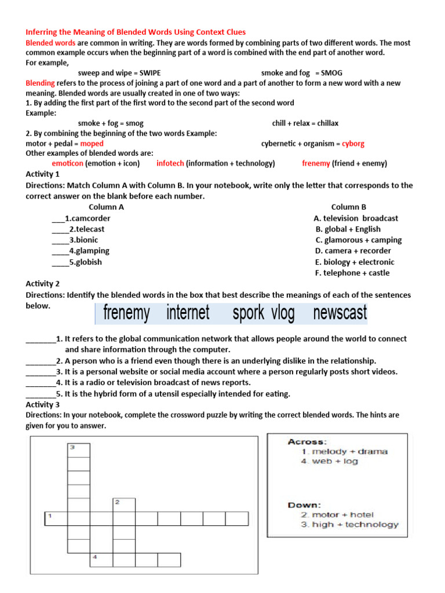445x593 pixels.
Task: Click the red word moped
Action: click(x=92, y=144)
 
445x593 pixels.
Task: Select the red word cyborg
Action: click(x=353, y=144)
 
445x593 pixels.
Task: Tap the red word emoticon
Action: click(x=68, y=163)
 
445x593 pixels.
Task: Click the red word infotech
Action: click(x=170, y=163)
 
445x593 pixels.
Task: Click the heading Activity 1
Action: click(x=43, y=174)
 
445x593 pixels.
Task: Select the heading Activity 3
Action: click(x=43, y=405)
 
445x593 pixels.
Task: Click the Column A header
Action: click(x=106, y=207)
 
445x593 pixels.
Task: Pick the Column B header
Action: click(x=348, y=207)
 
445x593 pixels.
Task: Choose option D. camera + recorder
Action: click(x=353, y=251)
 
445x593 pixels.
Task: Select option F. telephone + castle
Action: click(x=352, y=273)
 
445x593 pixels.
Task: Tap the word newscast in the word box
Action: click(x=340, y=313)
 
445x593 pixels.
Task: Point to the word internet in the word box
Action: click(x=188, y=313)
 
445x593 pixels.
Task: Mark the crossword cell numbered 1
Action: click(x=56, y=518)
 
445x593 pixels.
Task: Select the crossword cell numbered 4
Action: click(x=101, y=559)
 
